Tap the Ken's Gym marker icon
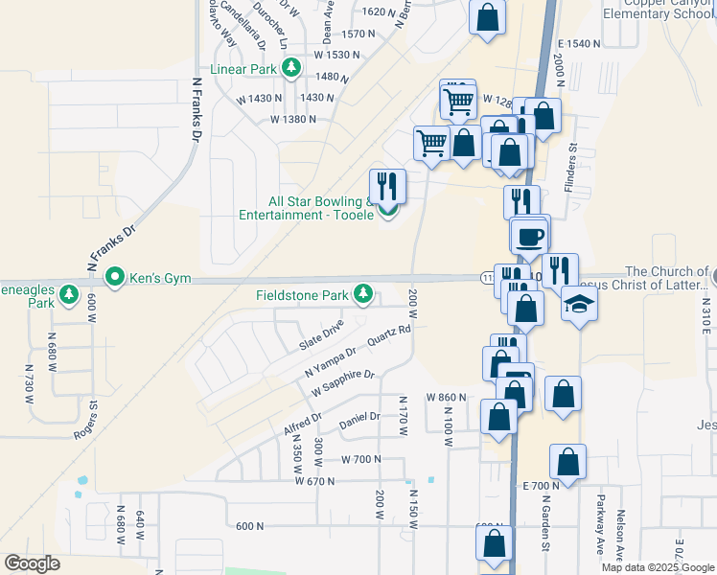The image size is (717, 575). pos(115,279)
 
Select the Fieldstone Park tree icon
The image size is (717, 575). pos(363,295)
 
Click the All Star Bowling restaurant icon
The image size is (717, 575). pos(388,185)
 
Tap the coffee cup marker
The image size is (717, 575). pos(528,235)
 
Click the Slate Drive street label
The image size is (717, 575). pos(320,335)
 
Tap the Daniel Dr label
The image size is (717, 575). pos(360,419)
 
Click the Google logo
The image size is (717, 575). pos(32,563)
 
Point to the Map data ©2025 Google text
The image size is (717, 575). pos(657,567)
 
